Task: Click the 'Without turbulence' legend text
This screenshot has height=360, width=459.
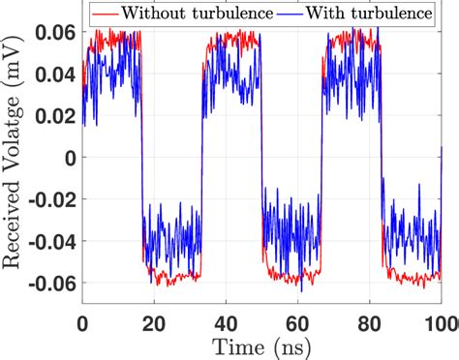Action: [x=181, y=15]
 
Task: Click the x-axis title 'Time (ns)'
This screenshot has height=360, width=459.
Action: [x=263, y=346]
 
